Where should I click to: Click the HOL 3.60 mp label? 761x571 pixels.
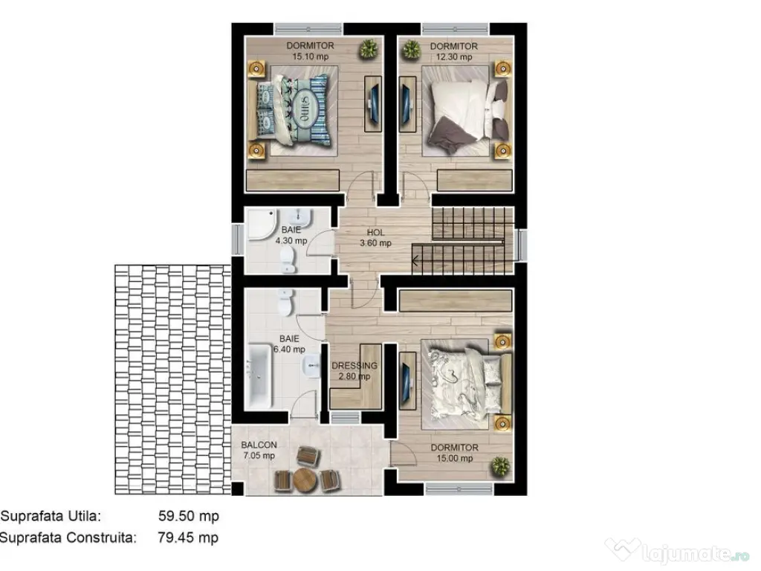click(x=375, y=237)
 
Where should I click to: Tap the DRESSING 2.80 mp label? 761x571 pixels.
click(x=354, y=371)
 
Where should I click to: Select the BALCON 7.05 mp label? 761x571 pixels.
click(x=259, y=451)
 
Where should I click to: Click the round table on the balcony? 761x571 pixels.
click(x=305, y=480)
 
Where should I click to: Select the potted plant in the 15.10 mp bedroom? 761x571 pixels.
click(x=367, y=50)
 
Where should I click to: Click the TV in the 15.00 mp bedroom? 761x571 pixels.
click(x=407, y=378)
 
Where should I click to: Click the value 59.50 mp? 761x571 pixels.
click(x=189, y=515)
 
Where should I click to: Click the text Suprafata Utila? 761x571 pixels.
click(x=51, y=515)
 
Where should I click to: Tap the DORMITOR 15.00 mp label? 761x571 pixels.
click(x=454, y=453)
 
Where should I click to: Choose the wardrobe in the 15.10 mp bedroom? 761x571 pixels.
click(x=293, y=181)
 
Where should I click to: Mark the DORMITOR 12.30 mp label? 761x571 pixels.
click(x=453, y=51)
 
